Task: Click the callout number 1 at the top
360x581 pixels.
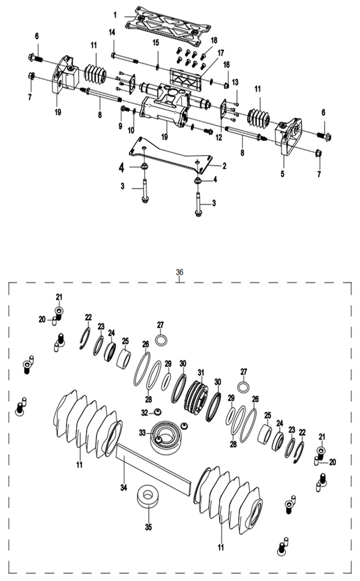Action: [x=115, y=13]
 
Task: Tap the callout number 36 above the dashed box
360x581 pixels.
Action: [x=179, y=272]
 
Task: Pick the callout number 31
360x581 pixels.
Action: [x=201, y=372]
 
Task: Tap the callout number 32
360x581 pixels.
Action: [x=144, y=413]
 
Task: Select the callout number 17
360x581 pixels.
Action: [x=221, y=52]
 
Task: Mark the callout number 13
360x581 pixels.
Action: [x=235, y=82]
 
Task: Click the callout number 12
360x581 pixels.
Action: [x=219, y=138]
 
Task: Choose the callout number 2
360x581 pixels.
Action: [x=224, y=165]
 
